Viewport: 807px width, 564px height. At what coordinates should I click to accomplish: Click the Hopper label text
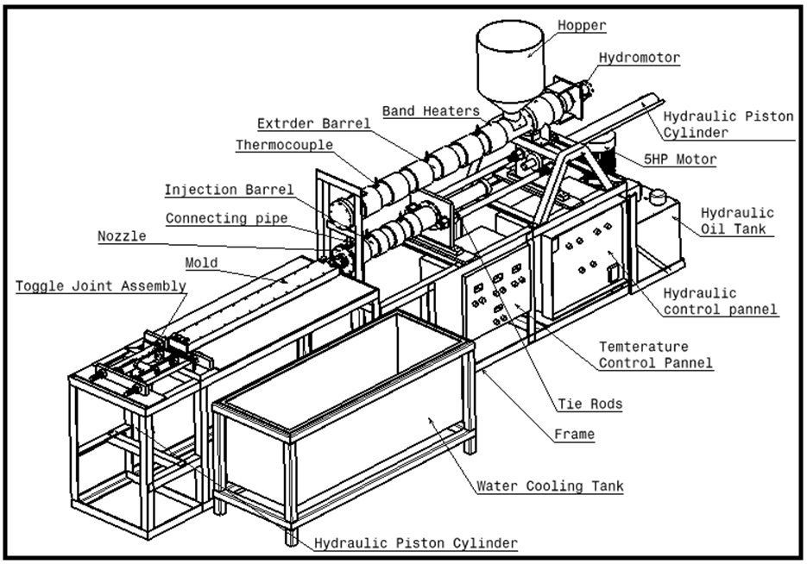[583, 26]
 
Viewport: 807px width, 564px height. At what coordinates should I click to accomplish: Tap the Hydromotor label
[640, 58]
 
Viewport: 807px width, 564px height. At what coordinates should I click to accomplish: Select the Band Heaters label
[431, 110]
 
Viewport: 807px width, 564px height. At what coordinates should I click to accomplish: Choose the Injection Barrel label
[230, 190]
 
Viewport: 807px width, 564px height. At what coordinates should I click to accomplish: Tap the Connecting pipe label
[226, 218]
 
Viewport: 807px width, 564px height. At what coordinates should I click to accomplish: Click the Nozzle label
[122, 235]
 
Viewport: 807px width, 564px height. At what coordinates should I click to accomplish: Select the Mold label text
[202, 262]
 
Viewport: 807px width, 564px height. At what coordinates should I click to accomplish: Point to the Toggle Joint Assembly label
[101, 285]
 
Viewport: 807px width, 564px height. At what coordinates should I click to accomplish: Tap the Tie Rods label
[589, 404]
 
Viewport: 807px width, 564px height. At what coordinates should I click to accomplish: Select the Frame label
[574, 434]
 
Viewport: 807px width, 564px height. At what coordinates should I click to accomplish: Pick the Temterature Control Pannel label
[656, 354]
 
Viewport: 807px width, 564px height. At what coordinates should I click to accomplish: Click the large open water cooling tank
[345, 414]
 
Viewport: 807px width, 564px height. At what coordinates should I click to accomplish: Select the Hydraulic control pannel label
[720, 301]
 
